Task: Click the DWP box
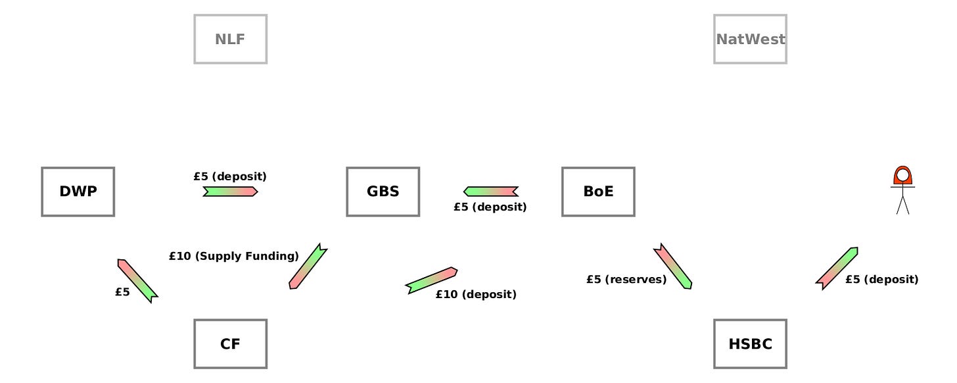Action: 78,191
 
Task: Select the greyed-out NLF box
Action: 230,39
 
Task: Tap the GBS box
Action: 383,191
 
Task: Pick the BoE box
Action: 598,191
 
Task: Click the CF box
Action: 230,344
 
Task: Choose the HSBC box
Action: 750,344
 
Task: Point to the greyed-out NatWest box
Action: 750,39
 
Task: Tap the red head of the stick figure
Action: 902,176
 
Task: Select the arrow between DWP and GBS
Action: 230,191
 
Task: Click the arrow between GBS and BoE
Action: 490,191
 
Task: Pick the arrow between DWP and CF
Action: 137,280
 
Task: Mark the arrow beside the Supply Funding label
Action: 308,267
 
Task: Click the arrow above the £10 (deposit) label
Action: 431,280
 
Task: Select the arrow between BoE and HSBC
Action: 672,267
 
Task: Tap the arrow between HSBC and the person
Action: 837,268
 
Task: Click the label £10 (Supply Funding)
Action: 233,256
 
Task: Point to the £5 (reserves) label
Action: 626,280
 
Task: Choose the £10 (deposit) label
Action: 476,294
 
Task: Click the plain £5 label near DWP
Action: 122,292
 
